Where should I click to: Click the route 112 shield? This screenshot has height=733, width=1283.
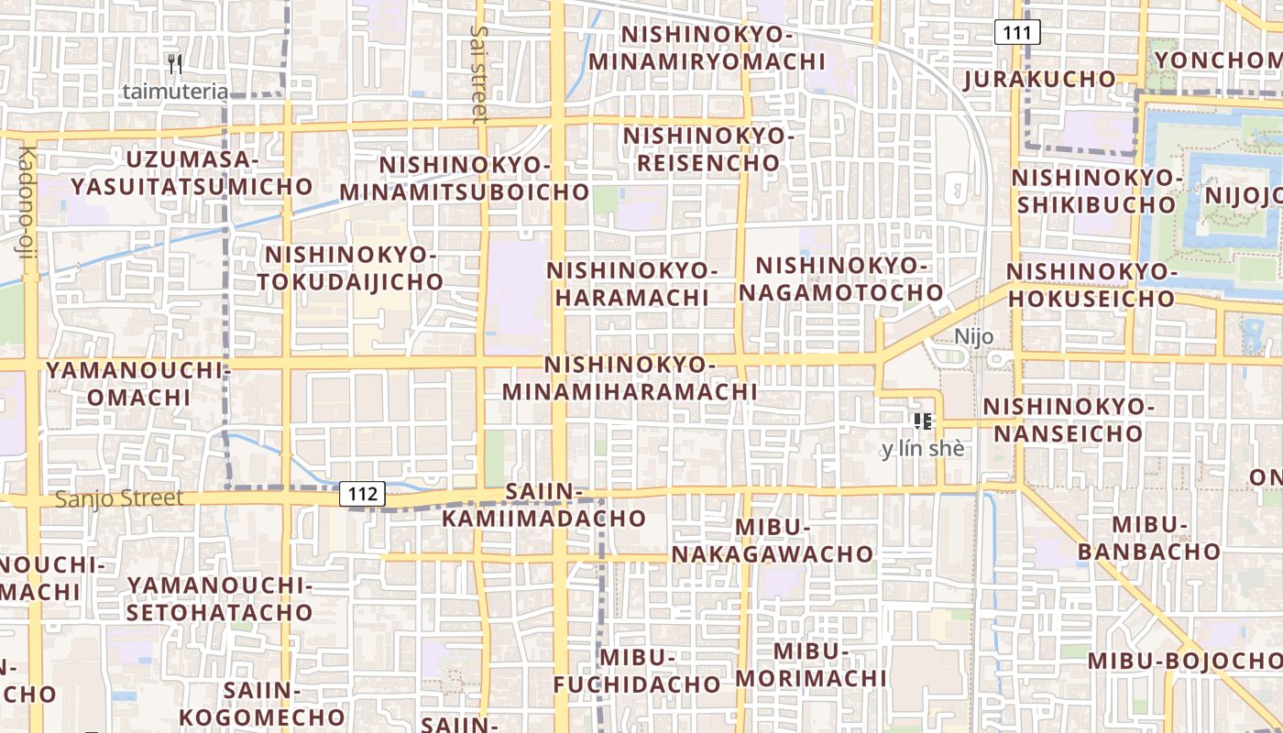[x=363, y=494]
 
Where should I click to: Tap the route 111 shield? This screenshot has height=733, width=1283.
[x=1017, y=33]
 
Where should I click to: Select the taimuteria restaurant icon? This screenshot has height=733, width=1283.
[x=175, y=64]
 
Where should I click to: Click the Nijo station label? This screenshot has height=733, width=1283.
[x=973, y=336]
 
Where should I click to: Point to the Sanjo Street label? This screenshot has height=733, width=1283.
[x=119, y=499]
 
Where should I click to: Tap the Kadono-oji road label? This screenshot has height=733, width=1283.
[x=25, y=214]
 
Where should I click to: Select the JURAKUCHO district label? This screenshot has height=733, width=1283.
[x=1039, y=79]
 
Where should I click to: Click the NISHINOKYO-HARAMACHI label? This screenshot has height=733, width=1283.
[x=631, y=284]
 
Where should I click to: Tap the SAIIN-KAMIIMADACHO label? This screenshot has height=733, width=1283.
[x=544, y=506]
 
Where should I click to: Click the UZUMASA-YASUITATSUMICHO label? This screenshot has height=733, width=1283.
[x=192, y=172]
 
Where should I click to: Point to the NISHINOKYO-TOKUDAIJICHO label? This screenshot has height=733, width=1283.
[x=350, y=268]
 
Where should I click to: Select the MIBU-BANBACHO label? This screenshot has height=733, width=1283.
[x=1149, y=538]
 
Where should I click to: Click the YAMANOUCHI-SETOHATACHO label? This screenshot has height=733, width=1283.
[x=220, y=598]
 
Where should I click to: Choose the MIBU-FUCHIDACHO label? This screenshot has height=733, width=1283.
[x=637, y=671]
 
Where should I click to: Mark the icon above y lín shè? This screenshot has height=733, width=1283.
[x=923, y=421]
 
